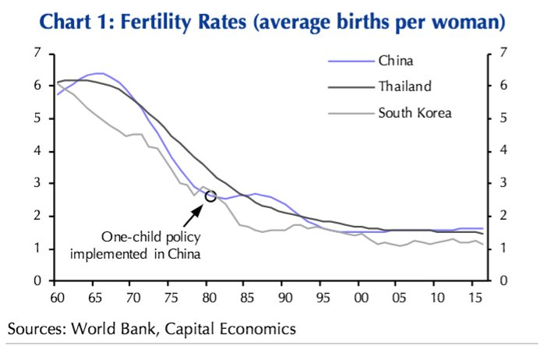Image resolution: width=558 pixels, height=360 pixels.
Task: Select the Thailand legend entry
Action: [x=404, y=86]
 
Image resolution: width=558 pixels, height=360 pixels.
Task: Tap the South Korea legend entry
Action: [x=415, y=113]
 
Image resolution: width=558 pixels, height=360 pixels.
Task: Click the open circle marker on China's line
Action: [x=210, y=196]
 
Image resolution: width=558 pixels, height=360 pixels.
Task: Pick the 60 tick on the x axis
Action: [x=55, y=297]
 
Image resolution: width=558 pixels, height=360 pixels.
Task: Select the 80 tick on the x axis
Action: [x=209, y=297]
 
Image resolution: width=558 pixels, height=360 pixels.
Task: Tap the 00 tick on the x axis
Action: [x=361, y=297]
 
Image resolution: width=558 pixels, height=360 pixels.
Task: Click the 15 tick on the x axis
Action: [x=475, y=297]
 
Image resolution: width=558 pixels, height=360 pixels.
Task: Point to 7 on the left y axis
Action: [x=37, y=53]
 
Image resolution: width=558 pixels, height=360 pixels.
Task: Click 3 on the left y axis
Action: [x=37, y=183]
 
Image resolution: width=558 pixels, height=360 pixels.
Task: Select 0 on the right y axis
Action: [x=504, y=281]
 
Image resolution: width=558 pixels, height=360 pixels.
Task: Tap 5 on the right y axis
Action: [x=504, y=118]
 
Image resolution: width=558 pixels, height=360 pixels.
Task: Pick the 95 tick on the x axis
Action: [x=323, y=297]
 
